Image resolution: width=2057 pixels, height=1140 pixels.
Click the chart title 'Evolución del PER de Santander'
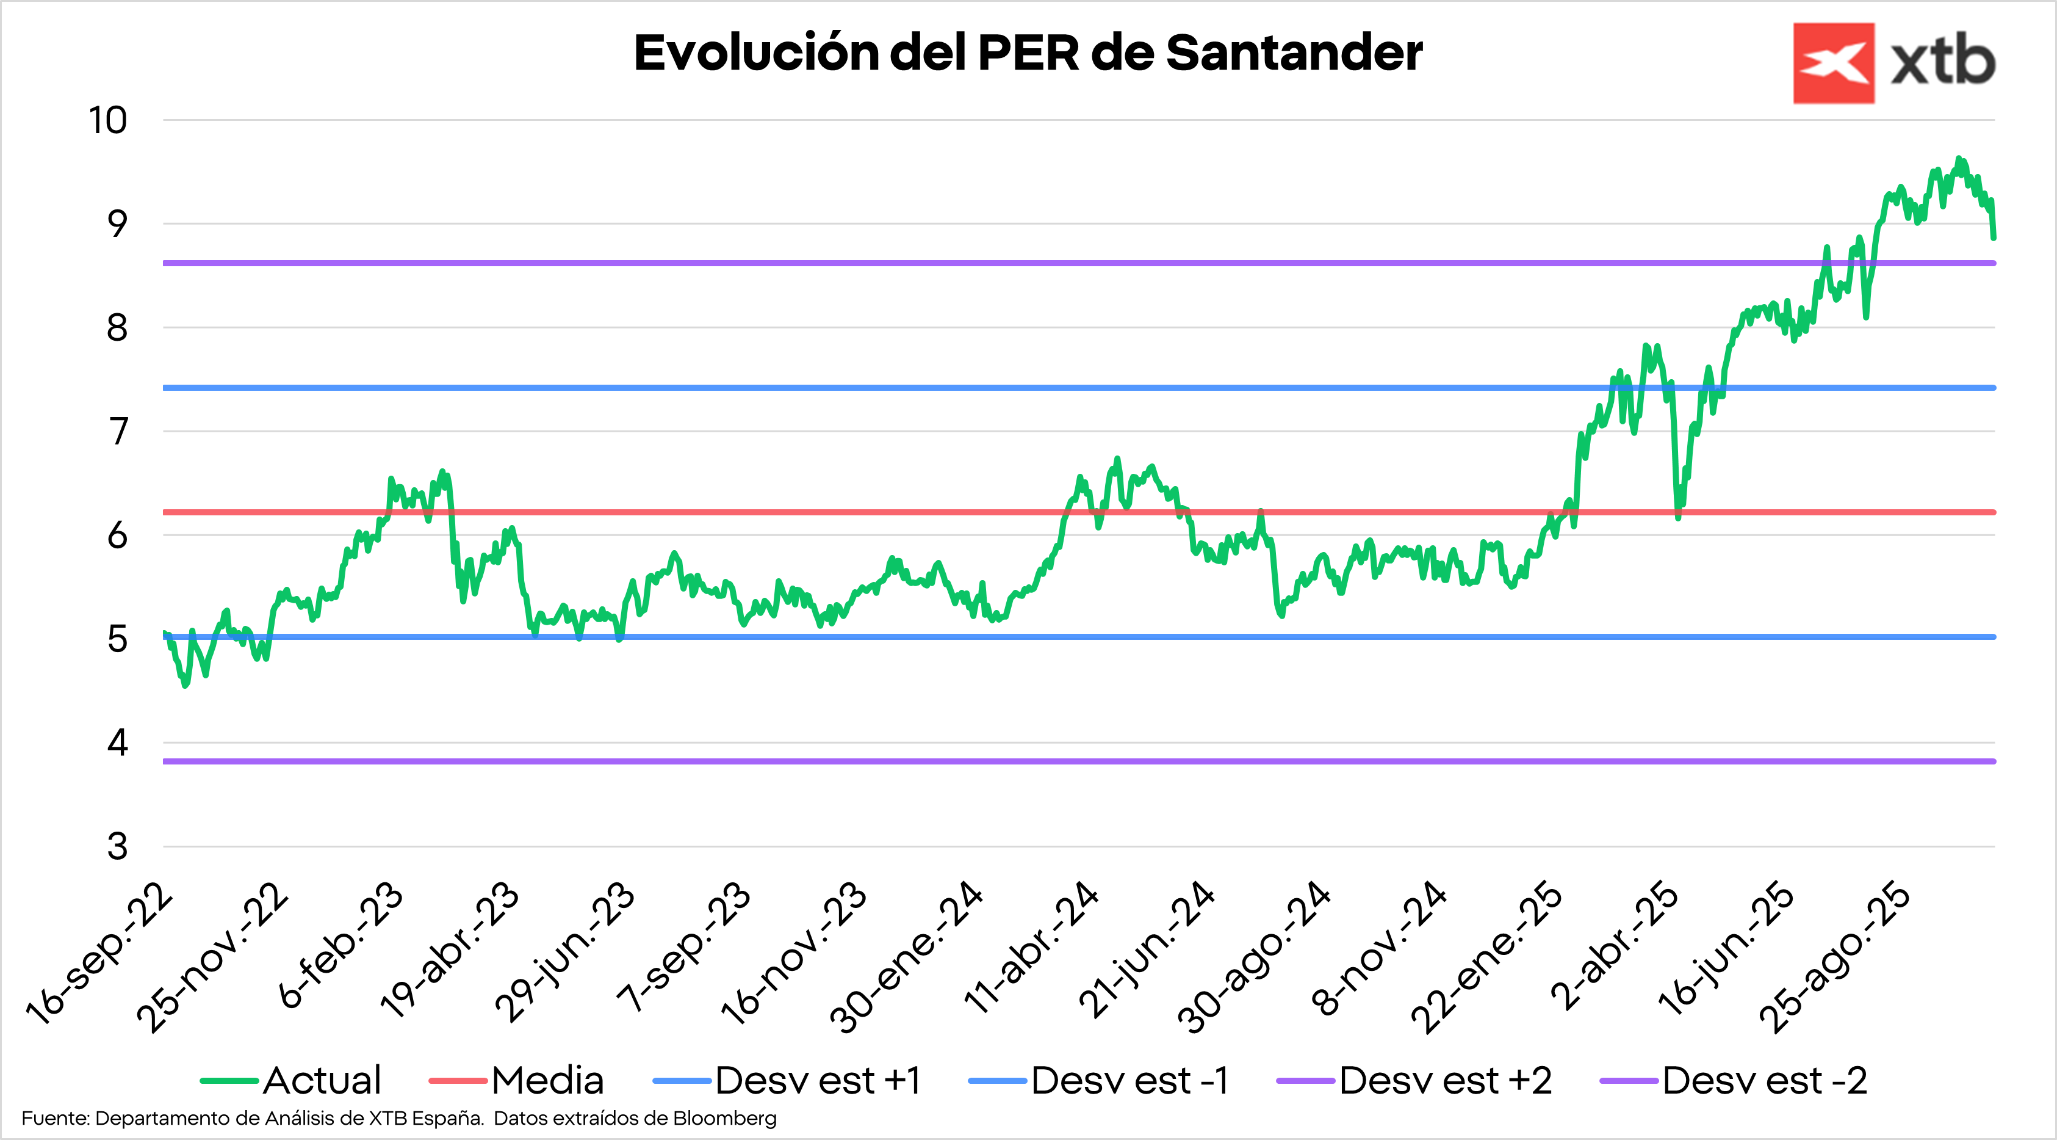(1028, 54)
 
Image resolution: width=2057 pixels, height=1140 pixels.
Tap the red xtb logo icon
(1834, 63)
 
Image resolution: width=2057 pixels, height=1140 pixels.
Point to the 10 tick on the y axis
(108, 121)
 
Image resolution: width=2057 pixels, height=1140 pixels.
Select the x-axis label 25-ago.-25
(1834, 956)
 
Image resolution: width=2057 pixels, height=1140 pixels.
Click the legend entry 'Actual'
(322, 1081)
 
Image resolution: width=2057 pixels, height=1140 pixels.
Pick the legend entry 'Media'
(547, 1081)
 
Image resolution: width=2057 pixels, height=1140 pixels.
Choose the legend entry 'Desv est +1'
(818, 1081)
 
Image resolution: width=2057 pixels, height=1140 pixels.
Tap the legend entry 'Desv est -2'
(1765, 1081)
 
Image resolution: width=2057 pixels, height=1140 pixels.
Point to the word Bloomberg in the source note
(724, 1119)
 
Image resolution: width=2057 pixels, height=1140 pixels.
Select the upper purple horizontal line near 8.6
(958, 263)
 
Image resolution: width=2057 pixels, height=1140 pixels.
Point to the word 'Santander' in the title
(1294, 54)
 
